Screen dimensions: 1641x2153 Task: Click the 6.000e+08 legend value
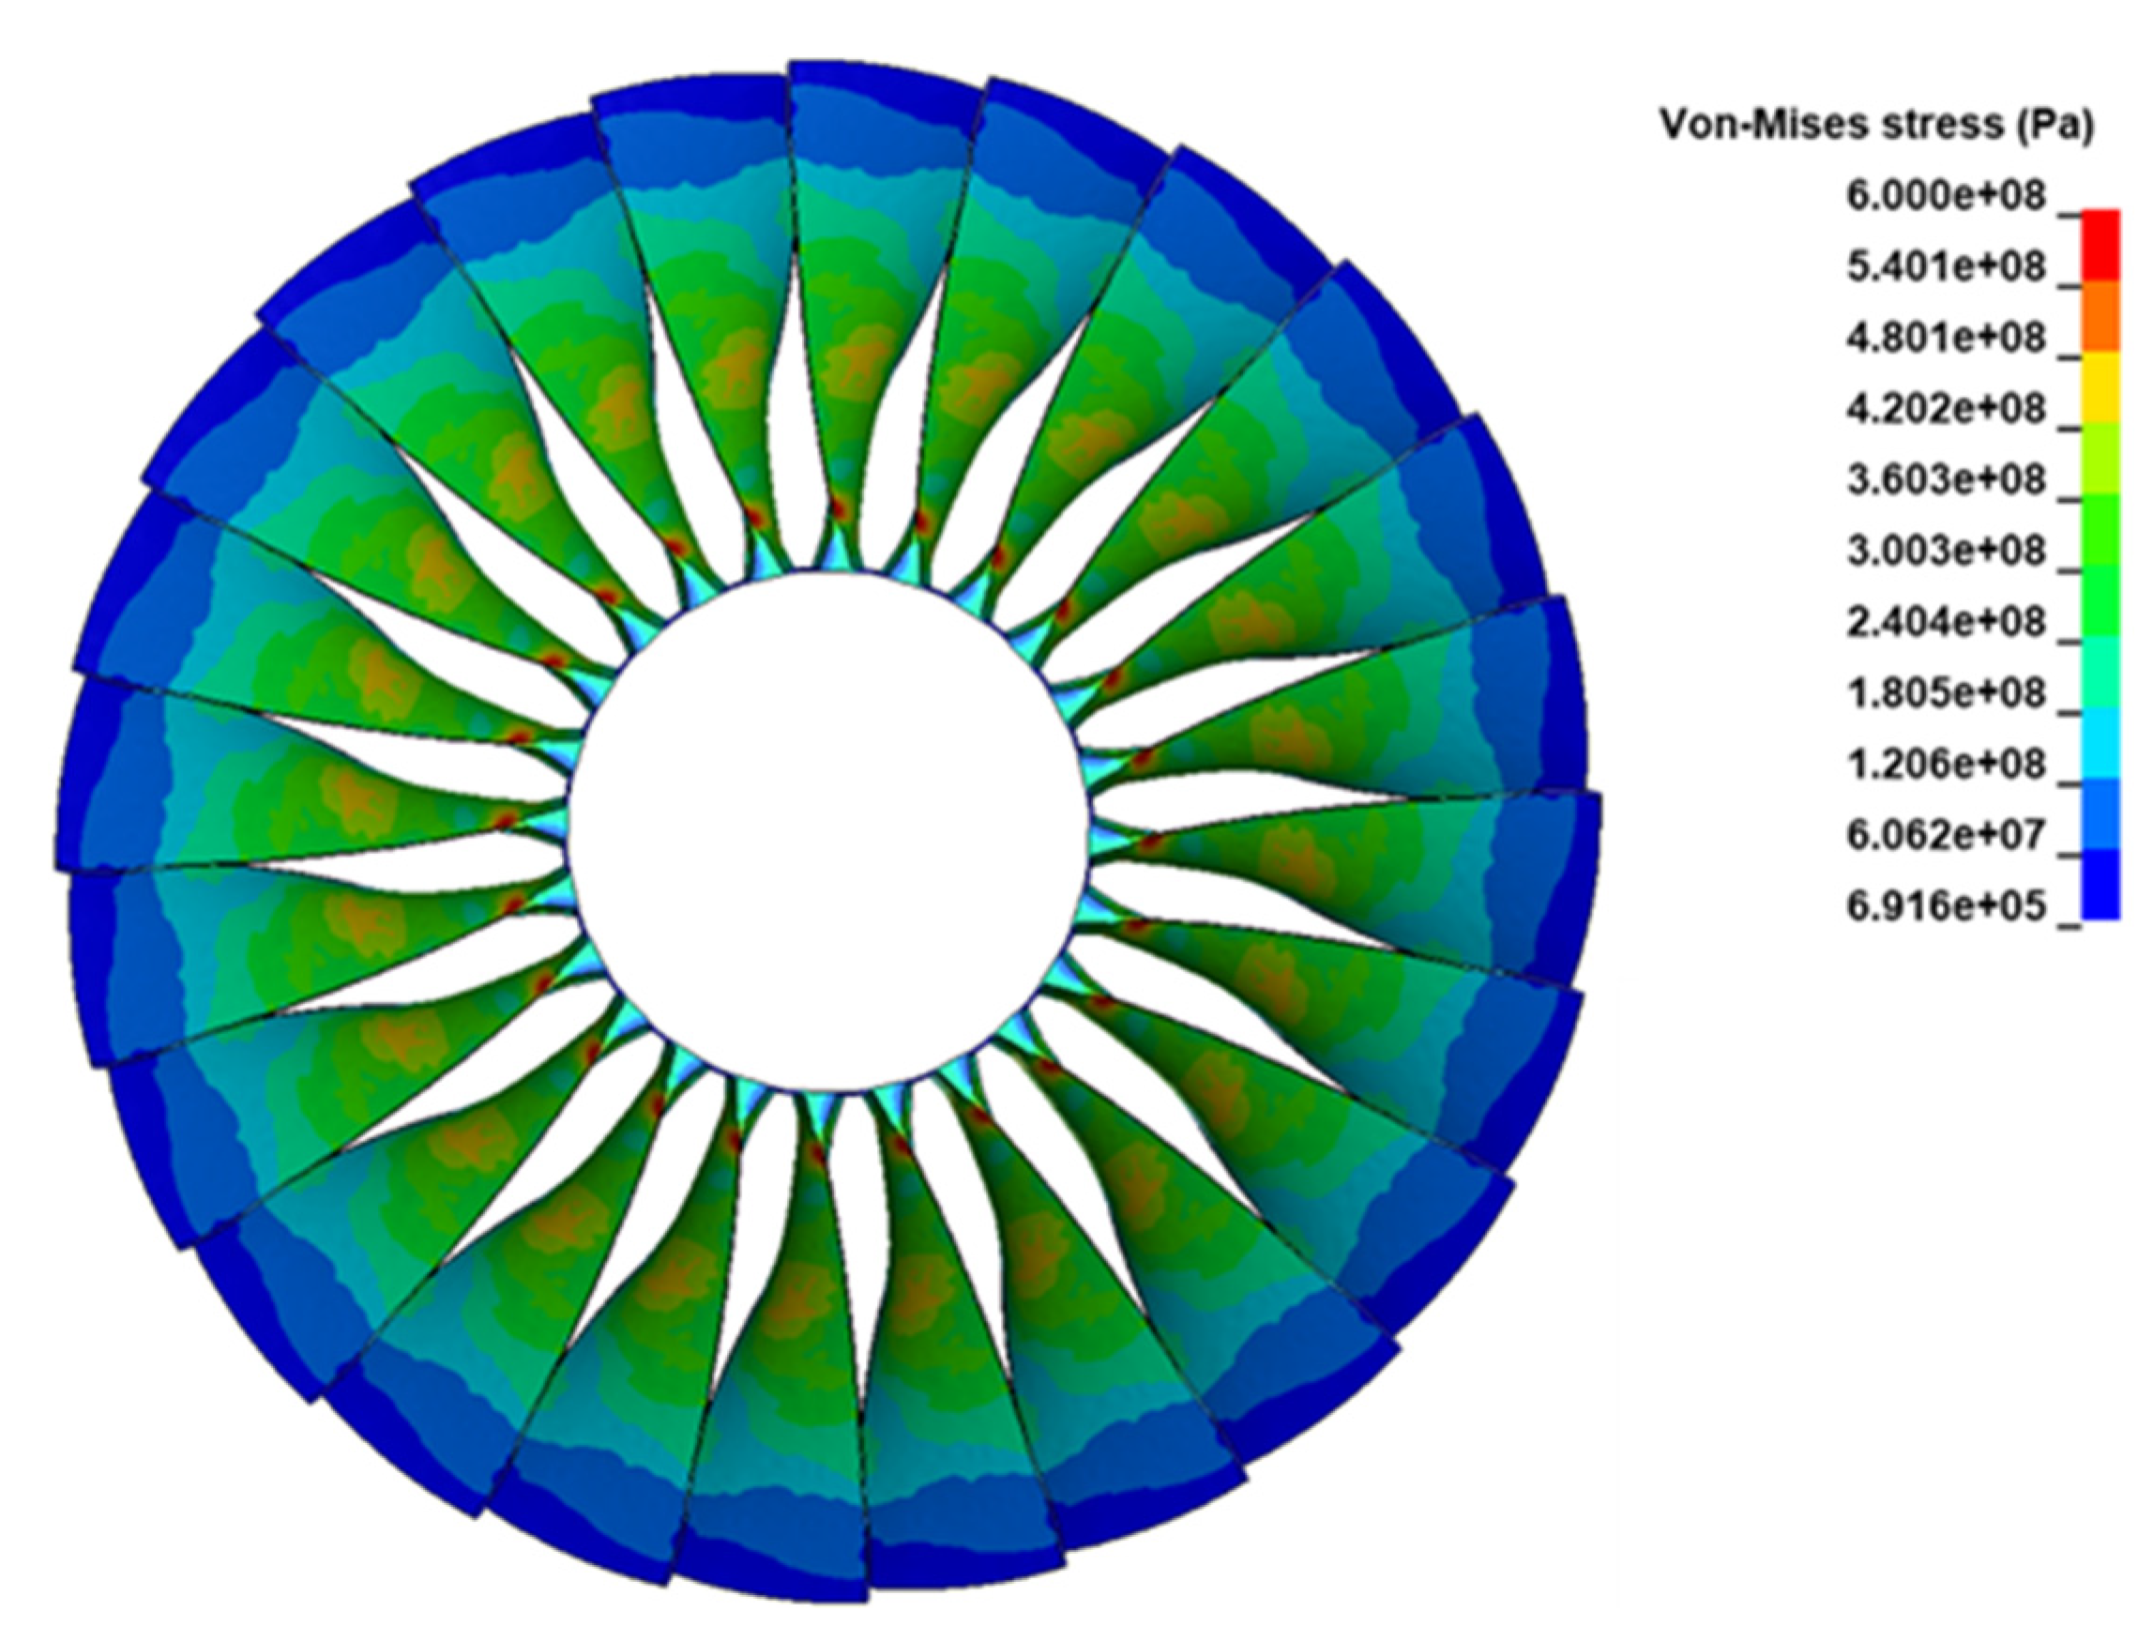click(1944, 196)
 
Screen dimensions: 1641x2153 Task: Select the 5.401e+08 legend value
click(1944, 267)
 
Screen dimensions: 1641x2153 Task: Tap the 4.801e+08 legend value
click(1944, 339)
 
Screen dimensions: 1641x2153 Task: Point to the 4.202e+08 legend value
click(1944, 409)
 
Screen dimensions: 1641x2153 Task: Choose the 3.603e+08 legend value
click(1944, 480)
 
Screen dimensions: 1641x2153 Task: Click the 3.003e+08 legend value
click(1944, 552)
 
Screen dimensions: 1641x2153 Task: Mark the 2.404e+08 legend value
click(1944, 622)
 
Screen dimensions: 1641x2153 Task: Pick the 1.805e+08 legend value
click(1944, 693)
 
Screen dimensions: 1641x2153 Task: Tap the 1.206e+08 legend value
click(1944, 765)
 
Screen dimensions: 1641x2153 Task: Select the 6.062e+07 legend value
click(1944, 835)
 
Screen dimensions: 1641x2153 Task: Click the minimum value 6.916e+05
click(1944, 906)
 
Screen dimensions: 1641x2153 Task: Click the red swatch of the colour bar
click(2100, 245)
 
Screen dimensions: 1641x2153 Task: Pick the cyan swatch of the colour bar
click(2100, 742)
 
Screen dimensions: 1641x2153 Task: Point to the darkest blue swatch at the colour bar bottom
click(2100, 884)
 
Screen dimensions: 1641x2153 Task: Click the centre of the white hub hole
click(828, 830)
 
